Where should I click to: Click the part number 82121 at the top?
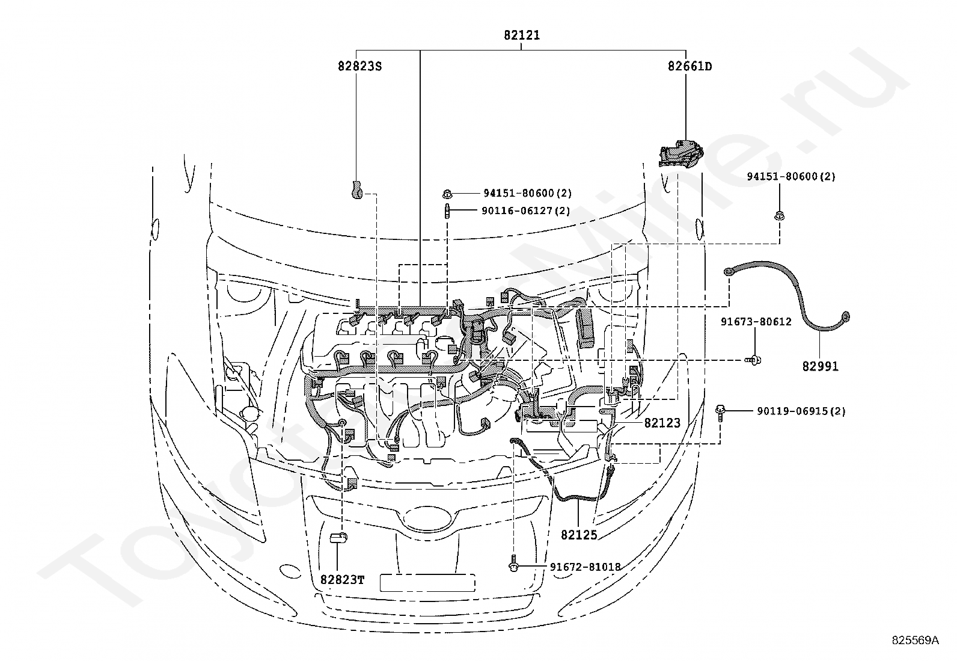click(522, 35)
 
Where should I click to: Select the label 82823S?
click(359, 66)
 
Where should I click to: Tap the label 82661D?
click(690, 66)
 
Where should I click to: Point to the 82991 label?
click(821, 366)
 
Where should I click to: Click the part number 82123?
click(662, 423)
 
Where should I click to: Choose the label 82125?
click(579, 535)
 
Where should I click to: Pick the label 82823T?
click(343, 580)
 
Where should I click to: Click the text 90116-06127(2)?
click(526, 211)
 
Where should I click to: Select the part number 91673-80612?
click(756, 322)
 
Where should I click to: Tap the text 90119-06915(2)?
click(801, 411)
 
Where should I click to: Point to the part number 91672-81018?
click(586, 567)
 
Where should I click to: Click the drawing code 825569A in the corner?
click(915, 640)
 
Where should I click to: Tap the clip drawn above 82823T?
click(339, 538)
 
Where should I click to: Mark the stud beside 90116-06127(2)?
click(447, 211)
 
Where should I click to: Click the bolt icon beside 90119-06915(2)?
click(720, 413)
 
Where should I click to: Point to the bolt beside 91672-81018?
click(514, 563)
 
